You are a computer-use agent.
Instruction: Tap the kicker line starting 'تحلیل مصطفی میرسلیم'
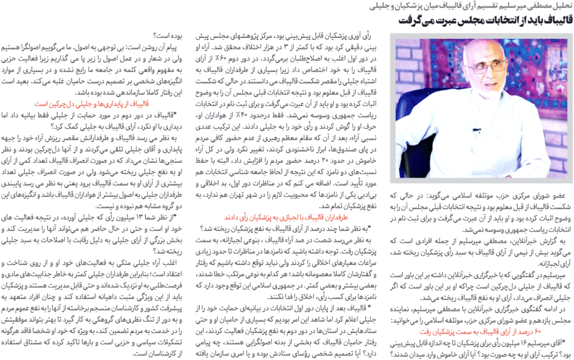tap(474, 6)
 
